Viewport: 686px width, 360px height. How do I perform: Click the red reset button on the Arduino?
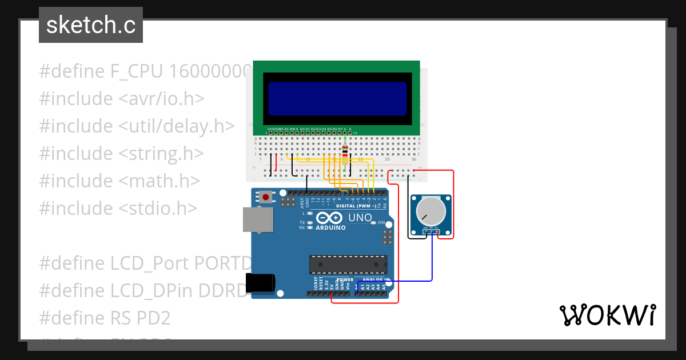click(266, 197)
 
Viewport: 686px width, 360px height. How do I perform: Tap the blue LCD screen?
click(337, 98)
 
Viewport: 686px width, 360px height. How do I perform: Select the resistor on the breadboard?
click(344, 153)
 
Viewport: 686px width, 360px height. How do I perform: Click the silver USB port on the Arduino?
click(258, 219)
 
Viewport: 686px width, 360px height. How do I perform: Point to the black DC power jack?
click(260, 282)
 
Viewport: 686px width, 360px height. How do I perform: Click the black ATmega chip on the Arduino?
click(348, 265)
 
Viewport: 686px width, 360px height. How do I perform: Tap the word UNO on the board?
click(360, 218)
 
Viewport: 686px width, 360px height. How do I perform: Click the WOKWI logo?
click(607, 315)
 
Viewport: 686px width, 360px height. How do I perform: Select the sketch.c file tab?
click(91, 25)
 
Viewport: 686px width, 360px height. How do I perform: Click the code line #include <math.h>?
click(119, 181)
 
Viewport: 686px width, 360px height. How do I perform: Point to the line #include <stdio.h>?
click(118, 208)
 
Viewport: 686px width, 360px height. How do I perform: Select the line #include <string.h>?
click(121, 153)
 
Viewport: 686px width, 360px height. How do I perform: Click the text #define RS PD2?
click(105, 318)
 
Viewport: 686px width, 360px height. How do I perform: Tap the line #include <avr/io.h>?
click(121, 98)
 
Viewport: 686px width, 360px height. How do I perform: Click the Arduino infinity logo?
click(329, 218)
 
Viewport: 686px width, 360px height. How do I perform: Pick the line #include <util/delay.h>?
click(137, 126)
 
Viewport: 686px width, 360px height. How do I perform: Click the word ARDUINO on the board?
click(331, 227)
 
